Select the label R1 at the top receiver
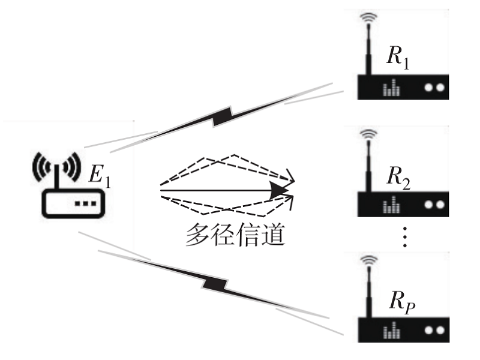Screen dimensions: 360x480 (399, 58)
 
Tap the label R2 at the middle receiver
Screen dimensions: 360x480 (399, 178)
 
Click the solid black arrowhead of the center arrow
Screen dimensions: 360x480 (279, 190)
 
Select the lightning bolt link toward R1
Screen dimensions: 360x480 (222, 116)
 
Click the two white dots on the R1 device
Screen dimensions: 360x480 (434, 87)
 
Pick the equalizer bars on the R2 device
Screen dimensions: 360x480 (392, 205)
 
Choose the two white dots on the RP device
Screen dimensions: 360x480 (434, 329)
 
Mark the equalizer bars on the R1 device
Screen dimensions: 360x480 (392, 88)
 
